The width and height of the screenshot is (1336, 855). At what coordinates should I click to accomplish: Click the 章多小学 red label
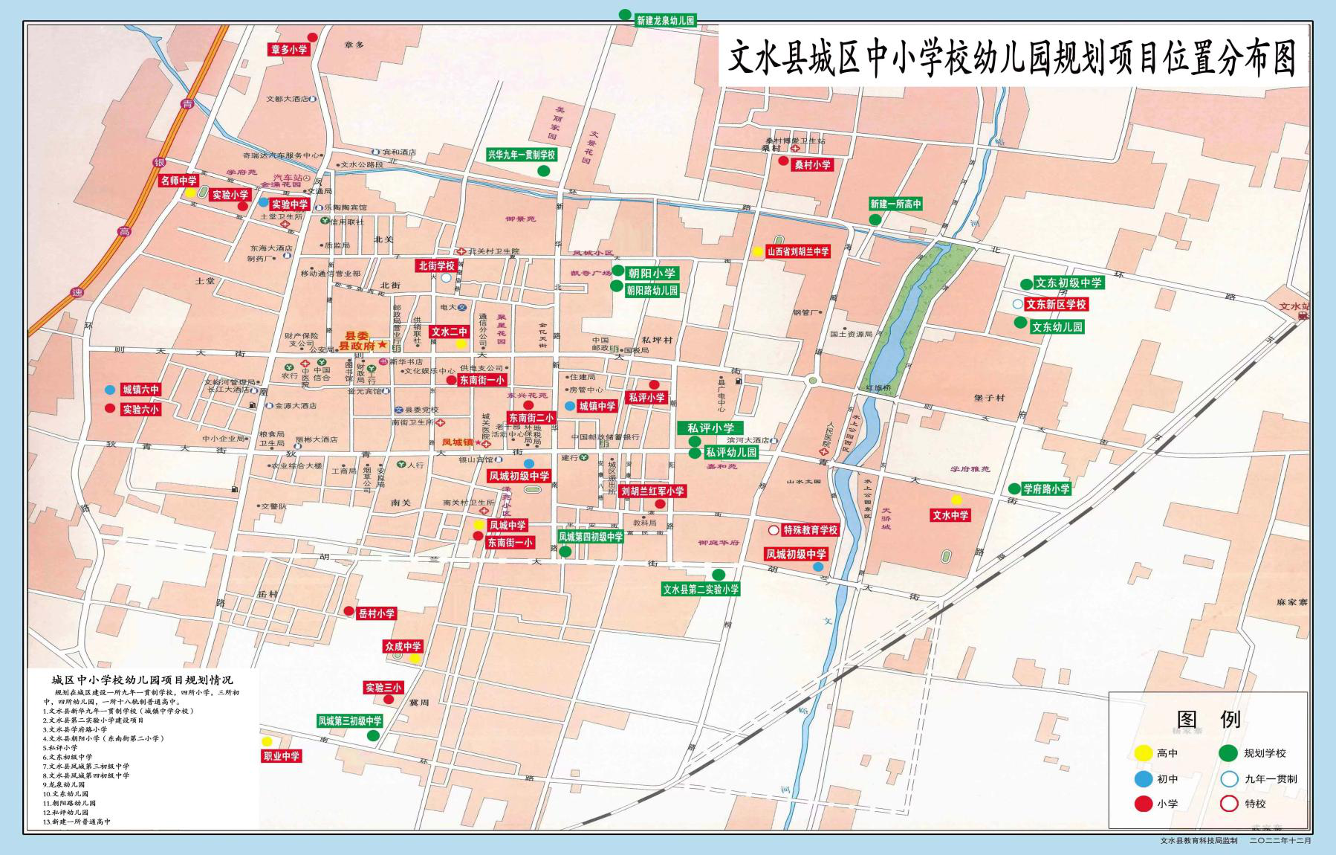click(289, 50)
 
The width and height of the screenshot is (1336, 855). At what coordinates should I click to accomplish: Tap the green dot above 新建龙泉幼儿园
click(625, 14)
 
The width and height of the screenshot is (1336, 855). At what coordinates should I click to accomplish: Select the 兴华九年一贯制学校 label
click(522, 155)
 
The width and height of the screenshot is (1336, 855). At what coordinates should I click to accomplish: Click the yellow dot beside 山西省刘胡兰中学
click(757, 252)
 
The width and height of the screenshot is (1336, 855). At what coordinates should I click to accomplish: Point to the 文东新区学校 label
click(1056, 304)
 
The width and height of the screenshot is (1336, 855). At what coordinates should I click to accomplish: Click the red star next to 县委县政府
click(382, 345)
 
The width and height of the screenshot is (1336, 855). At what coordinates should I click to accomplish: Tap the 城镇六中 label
click(140, 390)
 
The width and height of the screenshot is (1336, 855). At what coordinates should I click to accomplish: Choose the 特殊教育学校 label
click(810, 530)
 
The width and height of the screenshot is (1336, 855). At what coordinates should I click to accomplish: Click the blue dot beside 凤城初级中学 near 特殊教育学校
click(817, 567)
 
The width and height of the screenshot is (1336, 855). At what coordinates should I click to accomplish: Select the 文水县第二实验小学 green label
click(701, 590)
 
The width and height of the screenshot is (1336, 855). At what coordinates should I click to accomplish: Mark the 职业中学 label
click(282, 756)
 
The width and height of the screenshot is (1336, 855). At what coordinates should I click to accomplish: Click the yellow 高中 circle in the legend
click(1142, 753)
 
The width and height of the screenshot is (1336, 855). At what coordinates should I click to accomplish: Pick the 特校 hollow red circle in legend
click(1229, 804)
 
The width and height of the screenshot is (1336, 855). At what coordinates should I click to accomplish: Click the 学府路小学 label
click(1046, 489)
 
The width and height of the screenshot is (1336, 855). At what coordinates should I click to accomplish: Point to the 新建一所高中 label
click(895, 204)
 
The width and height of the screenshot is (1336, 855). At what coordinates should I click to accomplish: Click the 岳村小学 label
click(377, 613)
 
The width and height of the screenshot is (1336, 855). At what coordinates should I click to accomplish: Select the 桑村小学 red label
click(812, 165)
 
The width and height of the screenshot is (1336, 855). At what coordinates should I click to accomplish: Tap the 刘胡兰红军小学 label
click(652, 491)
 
